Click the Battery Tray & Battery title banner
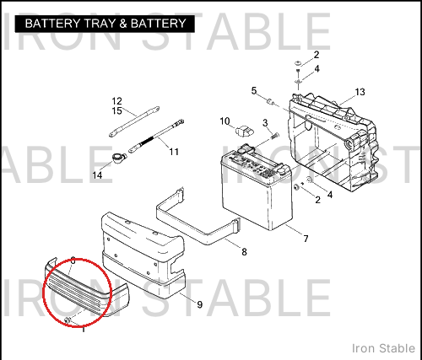click(105, 24)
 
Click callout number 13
click(360, 92)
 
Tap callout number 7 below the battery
click(306, 239)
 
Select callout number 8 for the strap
click(244, 252)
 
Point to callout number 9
click(199, 304)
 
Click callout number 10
click(225, 121)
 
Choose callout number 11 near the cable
click(174, 152)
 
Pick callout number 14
click(97, 175)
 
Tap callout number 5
click(254, 91)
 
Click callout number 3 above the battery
click(265, 123)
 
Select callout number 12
click(117, 101)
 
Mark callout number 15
click(117, 111)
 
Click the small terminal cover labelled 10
click(245, 132)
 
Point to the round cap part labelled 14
click(117, 158)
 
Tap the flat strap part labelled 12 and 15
click(134, 121)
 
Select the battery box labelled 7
click(256, 187)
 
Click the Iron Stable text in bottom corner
click(383, 348)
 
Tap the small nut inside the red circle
click(68, 320)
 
